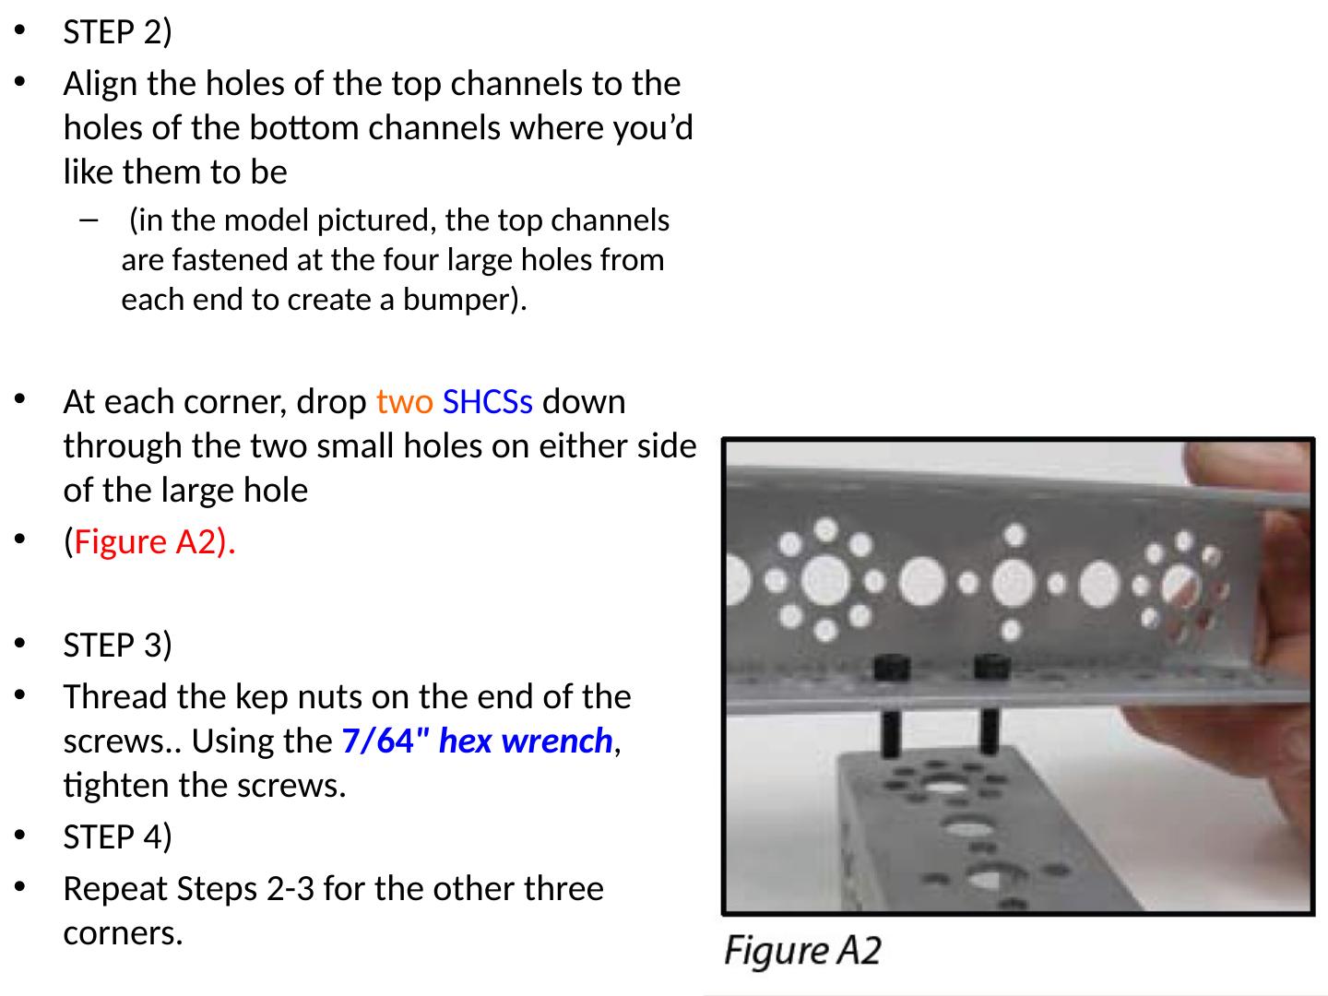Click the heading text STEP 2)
[x=117, y=32]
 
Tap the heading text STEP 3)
[x=117, y=645]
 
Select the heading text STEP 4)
[x=117, y=837]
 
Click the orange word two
[x=404, y=401]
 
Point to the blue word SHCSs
[x=487, y=401]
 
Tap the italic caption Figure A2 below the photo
[x=802, y=951]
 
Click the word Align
[x=101, y=84]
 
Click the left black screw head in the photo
[x=892, y=669]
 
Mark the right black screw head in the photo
[x=991, y=667]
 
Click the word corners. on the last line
[x=123, y=933]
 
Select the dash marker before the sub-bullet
[x=89, y=220]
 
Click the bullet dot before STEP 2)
[x=20, y=30]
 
